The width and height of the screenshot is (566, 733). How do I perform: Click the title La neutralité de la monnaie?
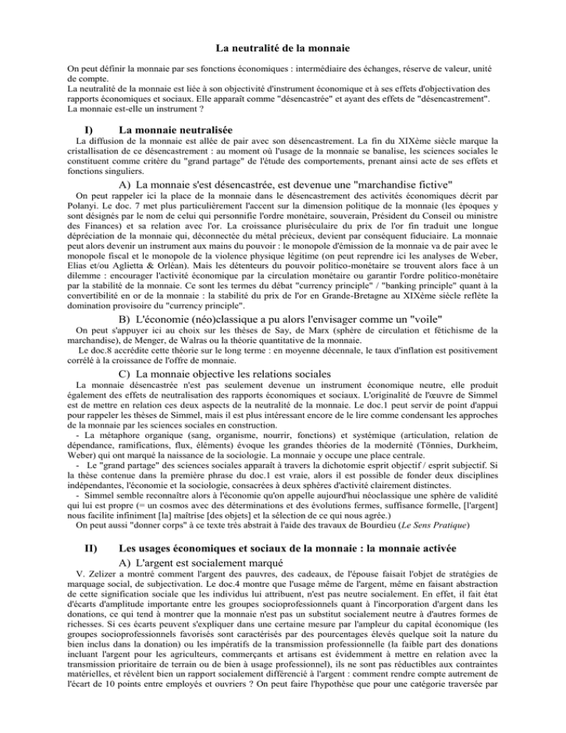click(x=282, y=49)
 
